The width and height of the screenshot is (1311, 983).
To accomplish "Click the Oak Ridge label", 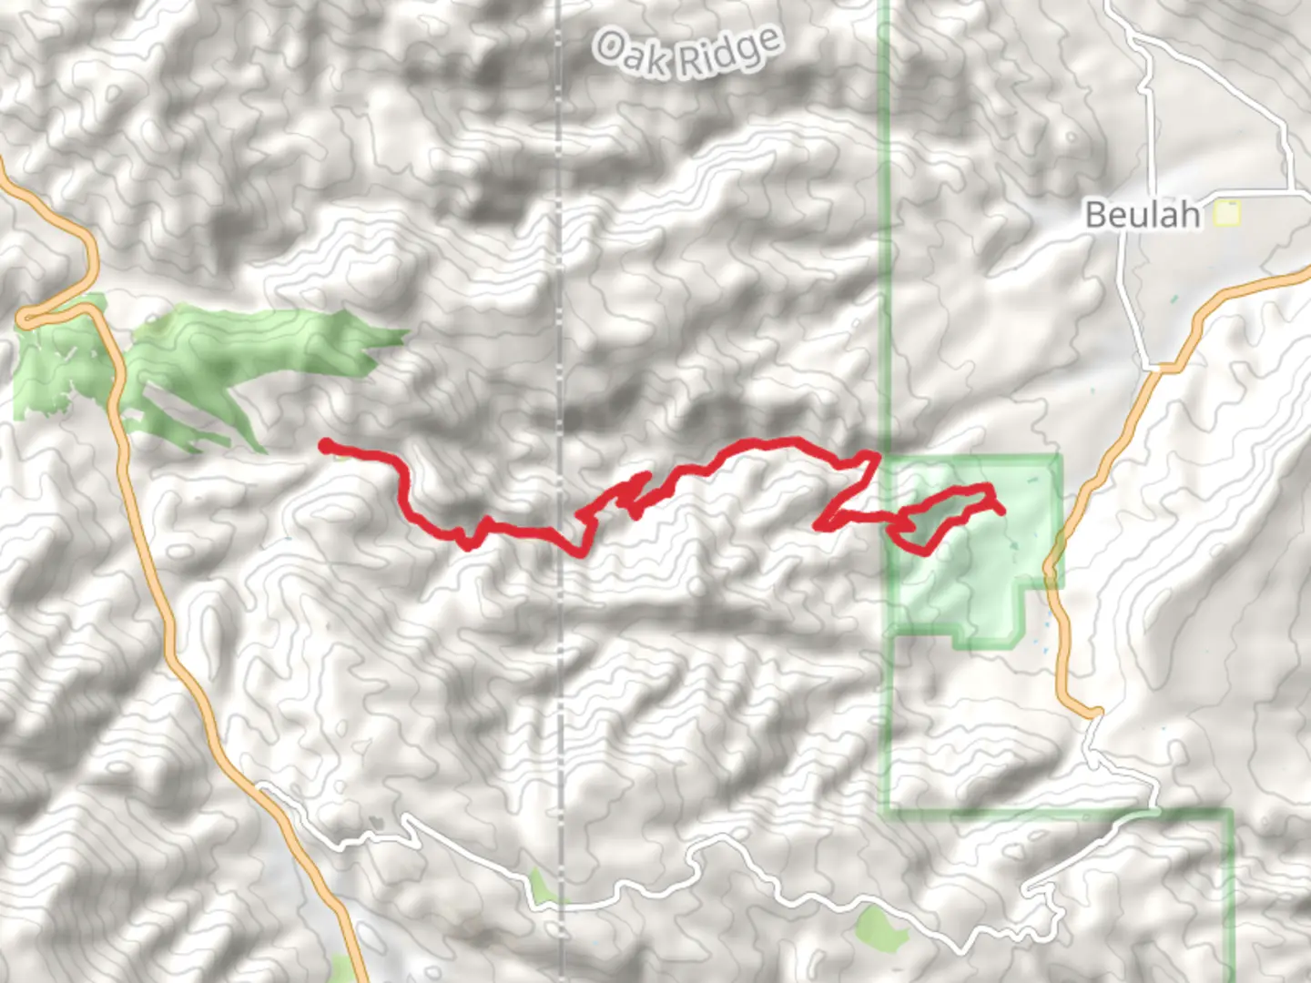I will [687, 52].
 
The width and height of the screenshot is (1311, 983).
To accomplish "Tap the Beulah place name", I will [1143, 215].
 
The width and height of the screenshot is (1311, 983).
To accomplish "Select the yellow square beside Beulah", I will [1228, 215].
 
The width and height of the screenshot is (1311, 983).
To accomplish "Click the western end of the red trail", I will [325, 445].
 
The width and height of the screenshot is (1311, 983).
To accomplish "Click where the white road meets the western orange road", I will [263, 786].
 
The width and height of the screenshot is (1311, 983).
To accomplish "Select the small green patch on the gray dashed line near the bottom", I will [541, 887].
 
